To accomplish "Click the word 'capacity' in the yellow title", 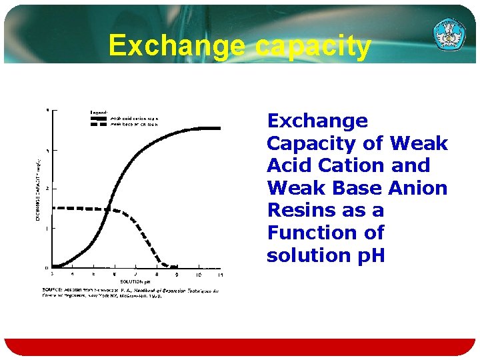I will (313, 46).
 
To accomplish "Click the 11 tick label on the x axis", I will (221, 275).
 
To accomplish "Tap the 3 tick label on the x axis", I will (52, 275).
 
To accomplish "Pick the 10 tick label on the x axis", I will (198, 275).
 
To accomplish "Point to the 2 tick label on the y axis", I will (47, 189).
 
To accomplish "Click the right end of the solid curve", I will (219, 128).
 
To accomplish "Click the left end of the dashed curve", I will (53, 208).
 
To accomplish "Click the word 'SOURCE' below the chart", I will (53, 290).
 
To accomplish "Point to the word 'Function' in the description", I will (306, 233).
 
